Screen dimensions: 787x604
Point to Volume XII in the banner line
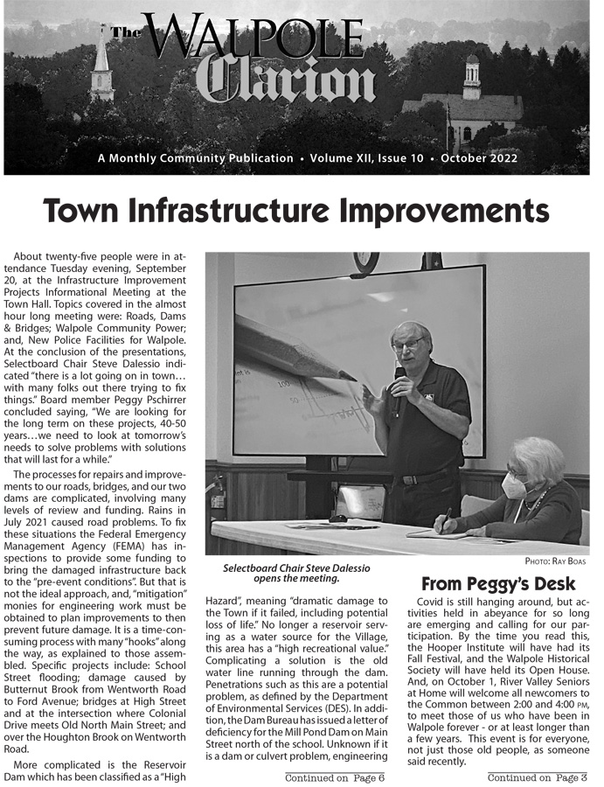tap(352, 158)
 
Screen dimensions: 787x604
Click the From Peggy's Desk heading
tap(498, 583)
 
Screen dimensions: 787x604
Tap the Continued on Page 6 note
tap(335, 777)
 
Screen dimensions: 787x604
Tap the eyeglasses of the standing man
tap(407, 344)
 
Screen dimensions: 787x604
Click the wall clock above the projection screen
tap(365, 261)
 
